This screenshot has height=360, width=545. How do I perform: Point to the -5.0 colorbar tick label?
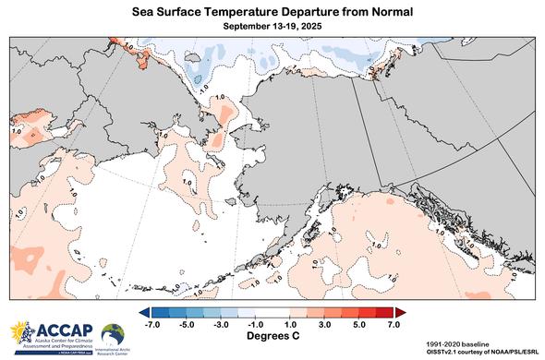tap(187, 325)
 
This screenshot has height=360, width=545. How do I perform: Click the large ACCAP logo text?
tap(57, 330)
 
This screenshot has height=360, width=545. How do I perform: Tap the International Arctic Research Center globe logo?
tap(114, 332)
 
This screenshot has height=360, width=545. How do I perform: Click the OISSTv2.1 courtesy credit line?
tap(477, 351)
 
